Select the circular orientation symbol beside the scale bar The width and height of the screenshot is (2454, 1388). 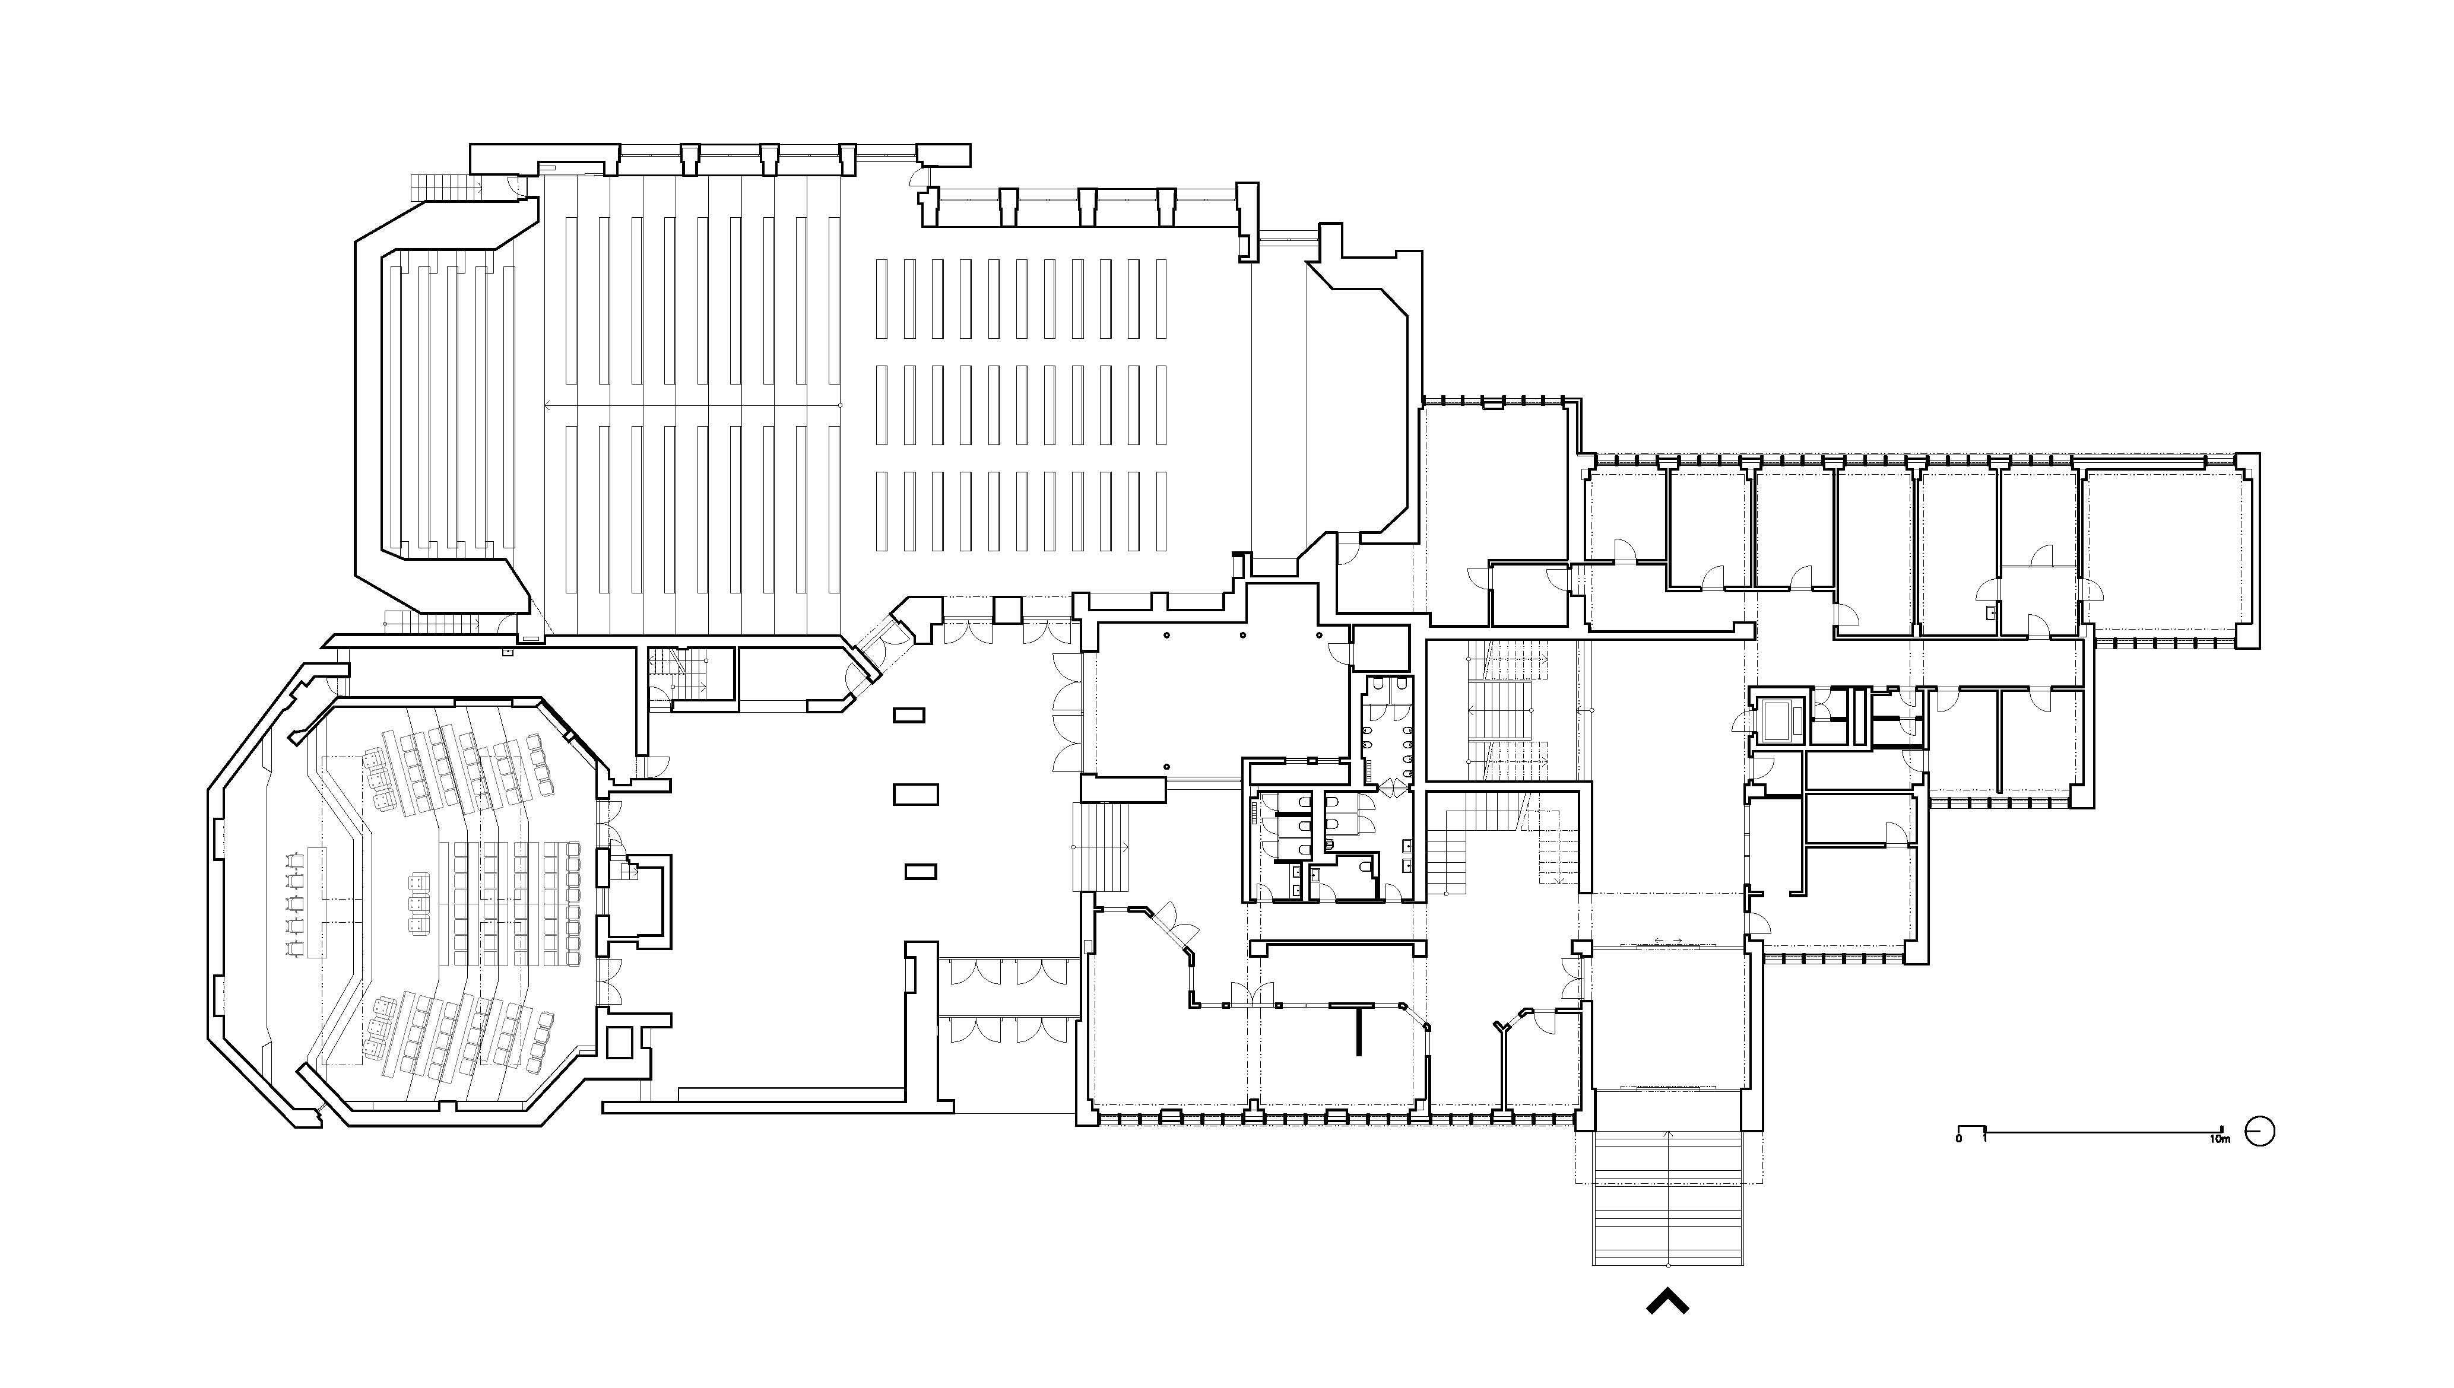[x=2259, y=1132]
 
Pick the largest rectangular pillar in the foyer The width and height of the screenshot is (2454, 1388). [x=915, y=793]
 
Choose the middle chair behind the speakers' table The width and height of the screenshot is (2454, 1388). [x=293, y=901]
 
